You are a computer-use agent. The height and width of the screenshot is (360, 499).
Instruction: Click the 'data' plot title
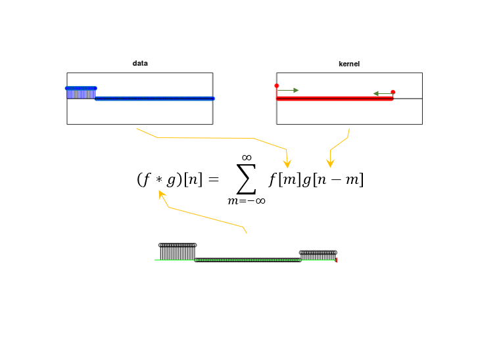click(140, 63)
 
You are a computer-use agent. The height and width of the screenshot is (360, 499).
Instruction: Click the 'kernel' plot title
click(349, 64)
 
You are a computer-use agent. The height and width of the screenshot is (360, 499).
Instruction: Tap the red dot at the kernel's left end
click(277, 86)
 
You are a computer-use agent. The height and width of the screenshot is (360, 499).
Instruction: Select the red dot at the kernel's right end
click(392, 92)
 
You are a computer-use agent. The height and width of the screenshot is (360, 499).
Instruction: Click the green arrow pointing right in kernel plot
click(289, 90)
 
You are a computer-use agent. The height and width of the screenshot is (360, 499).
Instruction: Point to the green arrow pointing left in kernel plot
click(383, 93)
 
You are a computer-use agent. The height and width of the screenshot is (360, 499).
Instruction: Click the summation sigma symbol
click(247, 179)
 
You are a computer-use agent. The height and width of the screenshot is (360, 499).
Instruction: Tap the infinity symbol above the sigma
click(247, 158)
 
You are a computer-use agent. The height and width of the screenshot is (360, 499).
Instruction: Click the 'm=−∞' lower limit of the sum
click(247, 201)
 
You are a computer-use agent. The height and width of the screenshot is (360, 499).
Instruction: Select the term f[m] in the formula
click(285, 180)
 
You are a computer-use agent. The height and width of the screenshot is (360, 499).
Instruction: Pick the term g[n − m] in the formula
click(333, 180)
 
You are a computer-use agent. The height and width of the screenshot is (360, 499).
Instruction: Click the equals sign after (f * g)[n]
click(214, 180)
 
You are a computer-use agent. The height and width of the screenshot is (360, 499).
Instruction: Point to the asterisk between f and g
click(159, 180)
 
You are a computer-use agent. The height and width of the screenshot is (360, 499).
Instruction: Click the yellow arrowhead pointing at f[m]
click(287, 164)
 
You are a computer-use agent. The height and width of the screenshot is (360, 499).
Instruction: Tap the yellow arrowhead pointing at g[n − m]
click(330, 164)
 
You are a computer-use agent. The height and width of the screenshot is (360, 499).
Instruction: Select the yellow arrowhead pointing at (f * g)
click(162, 194)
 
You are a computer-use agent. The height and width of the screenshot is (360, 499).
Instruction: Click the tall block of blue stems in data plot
click(81, 93)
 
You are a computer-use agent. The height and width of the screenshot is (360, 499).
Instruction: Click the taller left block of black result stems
click(178, 252)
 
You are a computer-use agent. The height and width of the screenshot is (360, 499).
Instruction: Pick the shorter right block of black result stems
click(318, 256)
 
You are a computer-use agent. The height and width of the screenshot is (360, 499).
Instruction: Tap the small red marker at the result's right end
click(336, 260)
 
